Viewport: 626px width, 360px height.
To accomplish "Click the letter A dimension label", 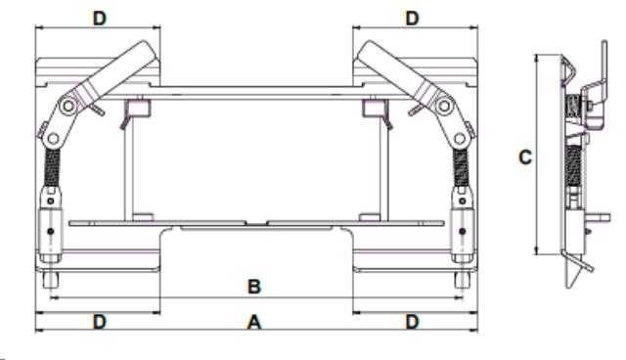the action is click(x=254, y=322).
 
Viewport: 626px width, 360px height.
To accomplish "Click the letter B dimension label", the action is click(x=254, y=287).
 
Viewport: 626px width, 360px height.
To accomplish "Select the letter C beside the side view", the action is click(x=525, y=157).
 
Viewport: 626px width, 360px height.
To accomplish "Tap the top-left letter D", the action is click(x=100, y=18).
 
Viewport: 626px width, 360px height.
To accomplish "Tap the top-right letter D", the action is click(x=413, y=18).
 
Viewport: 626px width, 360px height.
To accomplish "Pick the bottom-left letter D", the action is click(x=100, y=321).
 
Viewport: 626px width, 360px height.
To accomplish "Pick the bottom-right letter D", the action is click(x=413, y=321).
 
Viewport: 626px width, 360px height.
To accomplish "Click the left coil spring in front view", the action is click(x=52, y=167).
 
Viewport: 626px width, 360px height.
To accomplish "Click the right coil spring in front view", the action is click(x=461, y=167).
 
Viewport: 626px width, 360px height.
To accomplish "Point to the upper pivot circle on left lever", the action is click(x=68, y=107).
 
